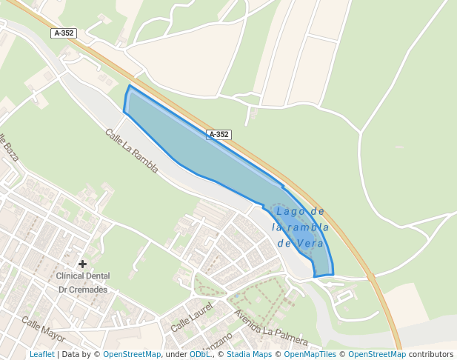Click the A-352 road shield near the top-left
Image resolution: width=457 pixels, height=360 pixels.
point(64,33)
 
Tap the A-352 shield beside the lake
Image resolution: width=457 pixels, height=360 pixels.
point(219,135)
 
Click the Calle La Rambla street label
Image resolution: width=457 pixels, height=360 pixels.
point(132,151)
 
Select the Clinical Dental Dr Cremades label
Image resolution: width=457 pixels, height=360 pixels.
point(82,282)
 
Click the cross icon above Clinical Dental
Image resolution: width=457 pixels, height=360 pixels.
point(82,264)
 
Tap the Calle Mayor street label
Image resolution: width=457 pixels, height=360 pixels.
point(43,329)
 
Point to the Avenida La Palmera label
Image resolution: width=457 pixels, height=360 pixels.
point(270,327)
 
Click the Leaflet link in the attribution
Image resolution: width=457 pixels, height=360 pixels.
point(41,354)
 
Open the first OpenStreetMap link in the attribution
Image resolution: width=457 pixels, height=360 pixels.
point(132,354)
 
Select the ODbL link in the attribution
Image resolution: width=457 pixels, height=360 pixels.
point(199,354)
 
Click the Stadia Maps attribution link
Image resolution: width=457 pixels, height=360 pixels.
point(249,354)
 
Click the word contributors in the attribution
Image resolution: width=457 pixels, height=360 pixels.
point(431,354)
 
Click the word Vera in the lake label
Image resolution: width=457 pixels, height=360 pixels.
point(310,242)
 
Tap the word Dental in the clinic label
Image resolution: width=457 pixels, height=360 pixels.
point(97,276)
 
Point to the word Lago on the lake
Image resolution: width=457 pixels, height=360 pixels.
point(289,211)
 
